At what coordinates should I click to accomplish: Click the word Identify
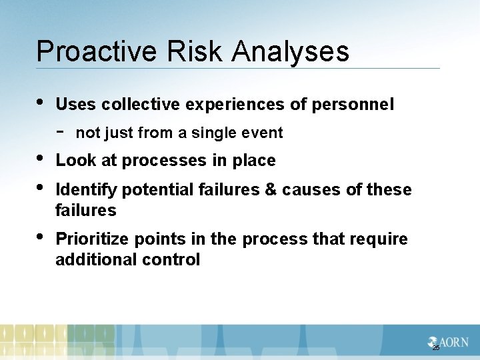coord(83,190)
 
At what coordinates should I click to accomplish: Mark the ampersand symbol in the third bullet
coord(271,190)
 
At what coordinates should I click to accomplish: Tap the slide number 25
coord(436,348)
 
